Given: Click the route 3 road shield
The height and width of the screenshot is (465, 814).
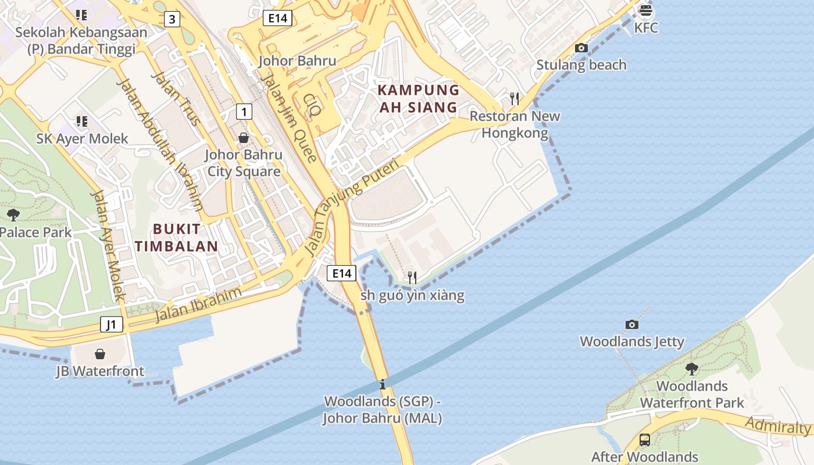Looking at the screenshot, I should pos(171,19).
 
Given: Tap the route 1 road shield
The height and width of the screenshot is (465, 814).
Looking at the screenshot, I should pos(244,111).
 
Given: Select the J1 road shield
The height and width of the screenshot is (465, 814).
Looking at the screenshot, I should pos(112,324).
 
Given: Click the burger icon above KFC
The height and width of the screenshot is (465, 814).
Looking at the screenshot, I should pos(645,10).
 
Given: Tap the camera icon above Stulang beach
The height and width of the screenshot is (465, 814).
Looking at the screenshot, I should pos(581,48).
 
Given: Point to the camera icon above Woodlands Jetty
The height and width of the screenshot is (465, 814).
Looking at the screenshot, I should pos(632,324).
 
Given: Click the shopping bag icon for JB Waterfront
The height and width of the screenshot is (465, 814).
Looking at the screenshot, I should pos(100,353).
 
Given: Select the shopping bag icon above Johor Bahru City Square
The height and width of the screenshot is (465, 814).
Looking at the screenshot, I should pos(244,138).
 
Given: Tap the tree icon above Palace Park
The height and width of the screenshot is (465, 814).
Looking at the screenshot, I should pos(13,215).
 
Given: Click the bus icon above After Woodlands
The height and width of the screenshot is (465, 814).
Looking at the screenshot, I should pos(644,439).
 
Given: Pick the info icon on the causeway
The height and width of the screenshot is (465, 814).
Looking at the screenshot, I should pos(382,384).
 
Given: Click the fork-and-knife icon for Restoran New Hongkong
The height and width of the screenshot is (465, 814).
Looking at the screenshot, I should pos(515,99).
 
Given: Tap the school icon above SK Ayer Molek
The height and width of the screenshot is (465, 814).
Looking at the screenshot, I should pos(81,121).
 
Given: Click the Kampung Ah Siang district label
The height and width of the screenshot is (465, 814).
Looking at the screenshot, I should pos(419,99).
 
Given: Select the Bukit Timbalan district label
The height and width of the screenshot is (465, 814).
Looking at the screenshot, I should pos(176,237).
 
